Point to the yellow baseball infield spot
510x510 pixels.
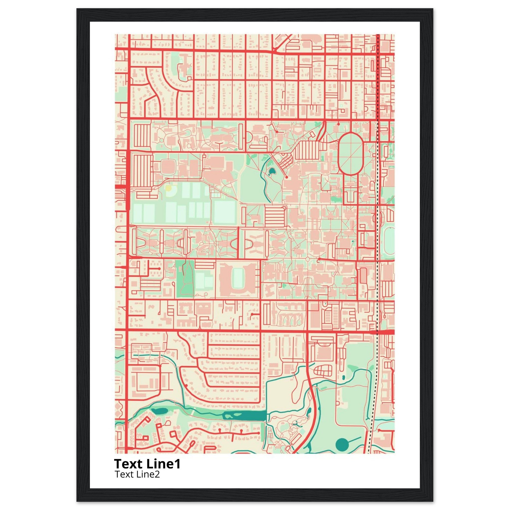(168, 188)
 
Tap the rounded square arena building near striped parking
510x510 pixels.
(168, 167)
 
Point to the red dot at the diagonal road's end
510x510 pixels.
(286, 178)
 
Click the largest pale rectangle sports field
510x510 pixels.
(224, 212)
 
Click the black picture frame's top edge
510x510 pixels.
(255, 15)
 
